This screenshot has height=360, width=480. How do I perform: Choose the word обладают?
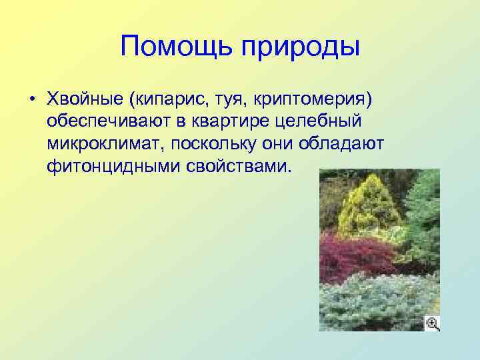click(352, 143)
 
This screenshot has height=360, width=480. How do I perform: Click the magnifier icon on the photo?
click(432, 323)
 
